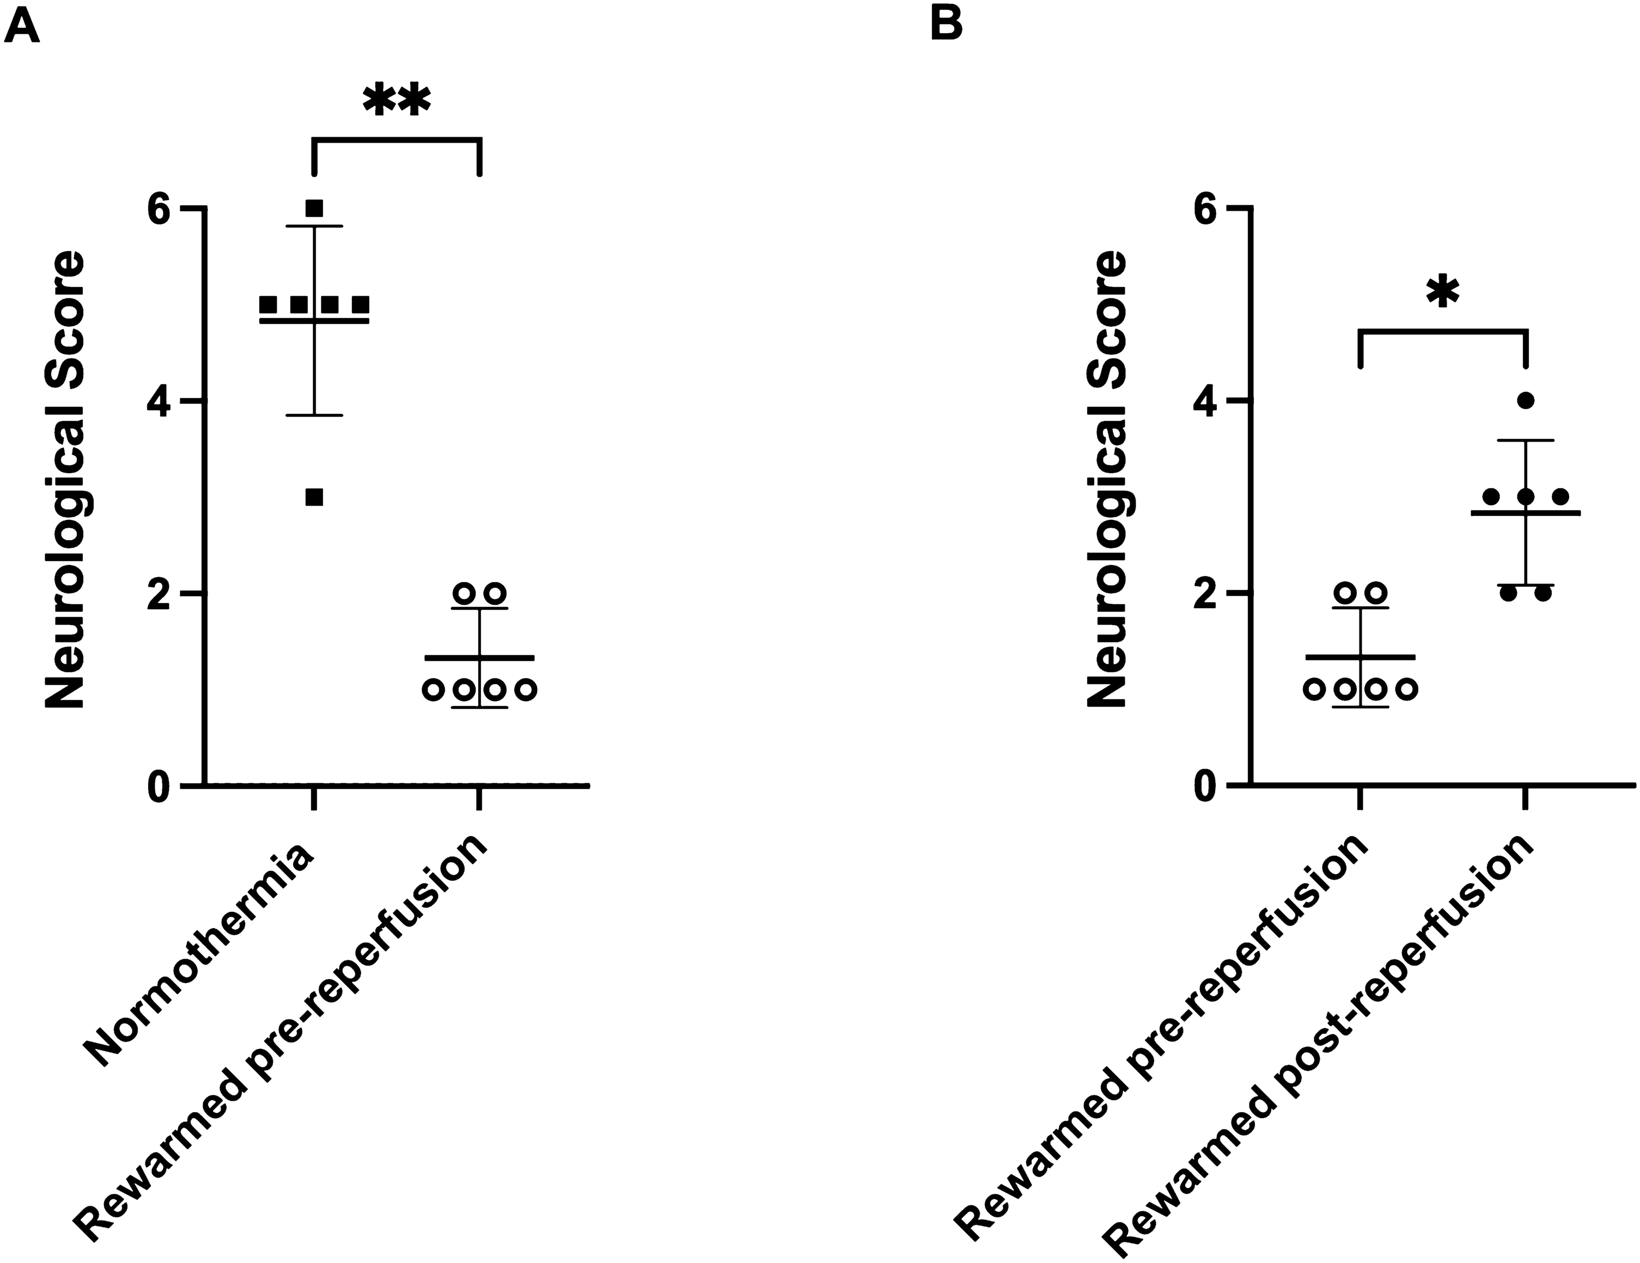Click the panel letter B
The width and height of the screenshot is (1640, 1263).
946,26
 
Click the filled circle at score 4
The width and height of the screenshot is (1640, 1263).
1525,400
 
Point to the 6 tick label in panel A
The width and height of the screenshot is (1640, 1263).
159,210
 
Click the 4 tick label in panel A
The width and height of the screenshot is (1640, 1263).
159,401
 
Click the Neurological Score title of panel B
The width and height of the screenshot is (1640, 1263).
1108,480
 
